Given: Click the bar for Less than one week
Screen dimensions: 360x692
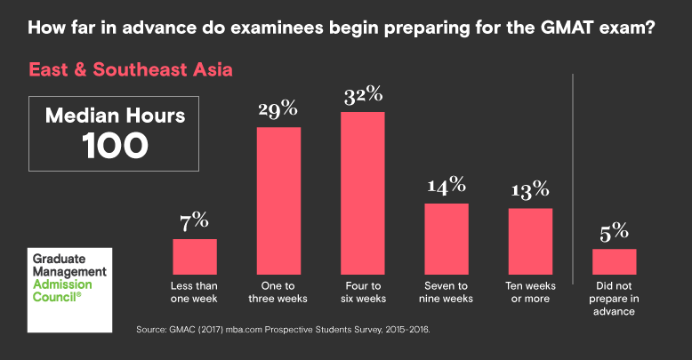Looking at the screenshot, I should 194,256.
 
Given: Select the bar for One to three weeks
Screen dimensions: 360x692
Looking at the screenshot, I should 278,200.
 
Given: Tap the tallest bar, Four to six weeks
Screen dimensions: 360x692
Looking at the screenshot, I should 362,193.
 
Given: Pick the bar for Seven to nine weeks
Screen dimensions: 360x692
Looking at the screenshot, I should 446,238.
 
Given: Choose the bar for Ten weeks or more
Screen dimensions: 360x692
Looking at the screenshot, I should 530,241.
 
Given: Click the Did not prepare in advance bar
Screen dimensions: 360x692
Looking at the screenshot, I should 615,261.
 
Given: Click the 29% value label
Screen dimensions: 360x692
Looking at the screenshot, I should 278,111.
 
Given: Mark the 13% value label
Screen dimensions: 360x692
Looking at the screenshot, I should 530,190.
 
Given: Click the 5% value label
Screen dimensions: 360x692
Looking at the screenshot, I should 615,232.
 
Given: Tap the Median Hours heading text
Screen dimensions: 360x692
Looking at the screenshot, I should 116,116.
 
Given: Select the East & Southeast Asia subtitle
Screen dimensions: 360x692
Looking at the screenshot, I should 131,68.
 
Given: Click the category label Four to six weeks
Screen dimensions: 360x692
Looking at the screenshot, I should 362,292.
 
